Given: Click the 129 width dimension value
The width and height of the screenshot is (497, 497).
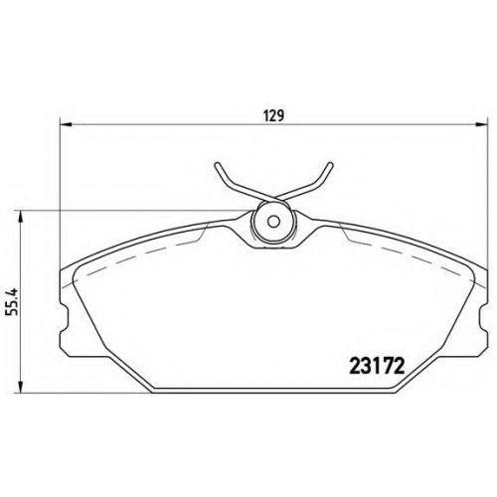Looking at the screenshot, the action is point(274,115).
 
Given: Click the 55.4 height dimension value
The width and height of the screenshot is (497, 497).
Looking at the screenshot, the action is point(12,301).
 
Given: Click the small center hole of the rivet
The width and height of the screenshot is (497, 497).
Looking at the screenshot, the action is point(273,222).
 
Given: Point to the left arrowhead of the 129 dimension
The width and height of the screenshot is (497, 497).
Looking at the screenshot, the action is point(66,124).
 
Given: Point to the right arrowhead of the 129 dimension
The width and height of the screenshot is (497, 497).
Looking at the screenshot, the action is point(482,124).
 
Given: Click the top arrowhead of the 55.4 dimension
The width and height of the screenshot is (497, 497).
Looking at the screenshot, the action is point(21,217).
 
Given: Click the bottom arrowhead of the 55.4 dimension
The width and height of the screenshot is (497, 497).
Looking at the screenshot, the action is point(21,387).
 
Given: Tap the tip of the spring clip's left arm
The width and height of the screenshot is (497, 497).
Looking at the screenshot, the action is point(217,164).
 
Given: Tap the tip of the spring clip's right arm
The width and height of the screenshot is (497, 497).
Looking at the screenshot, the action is point(330,164).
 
